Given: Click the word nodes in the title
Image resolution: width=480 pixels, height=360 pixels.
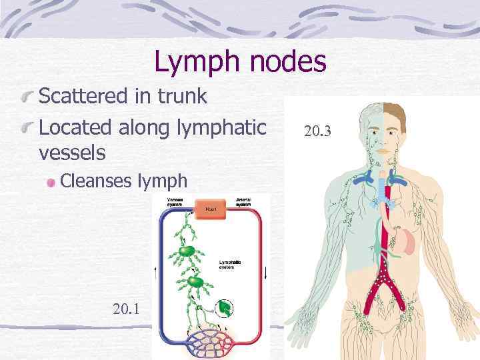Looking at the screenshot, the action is pyautogui.click(x=287, y=63).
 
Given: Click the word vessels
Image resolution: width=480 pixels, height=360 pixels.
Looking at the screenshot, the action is pyautogui.click(x=72, y=153).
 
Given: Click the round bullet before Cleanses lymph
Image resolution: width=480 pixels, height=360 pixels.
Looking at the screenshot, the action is pyautogui.click(x=51, y=181).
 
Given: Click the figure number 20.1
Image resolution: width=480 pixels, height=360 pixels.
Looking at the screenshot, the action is pyautogui.click(x=127, y=308).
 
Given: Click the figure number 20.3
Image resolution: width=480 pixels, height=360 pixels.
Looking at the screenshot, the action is pyautogui.click(x=317, y=132).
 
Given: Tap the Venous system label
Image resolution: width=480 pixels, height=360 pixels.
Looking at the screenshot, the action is pyautogui.click(x=175, y=201).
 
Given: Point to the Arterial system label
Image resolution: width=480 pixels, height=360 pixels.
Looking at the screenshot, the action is pyautogui.click(x=243, y=201).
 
